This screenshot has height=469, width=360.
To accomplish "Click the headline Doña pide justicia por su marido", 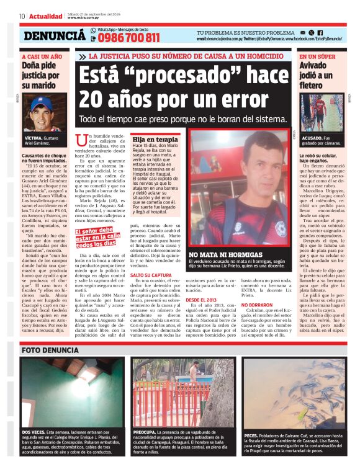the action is click(41, 74).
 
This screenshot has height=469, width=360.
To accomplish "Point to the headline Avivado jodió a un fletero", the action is click(318, 74).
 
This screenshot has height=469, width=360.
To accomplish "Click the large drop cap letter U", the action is click(79, 142).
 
